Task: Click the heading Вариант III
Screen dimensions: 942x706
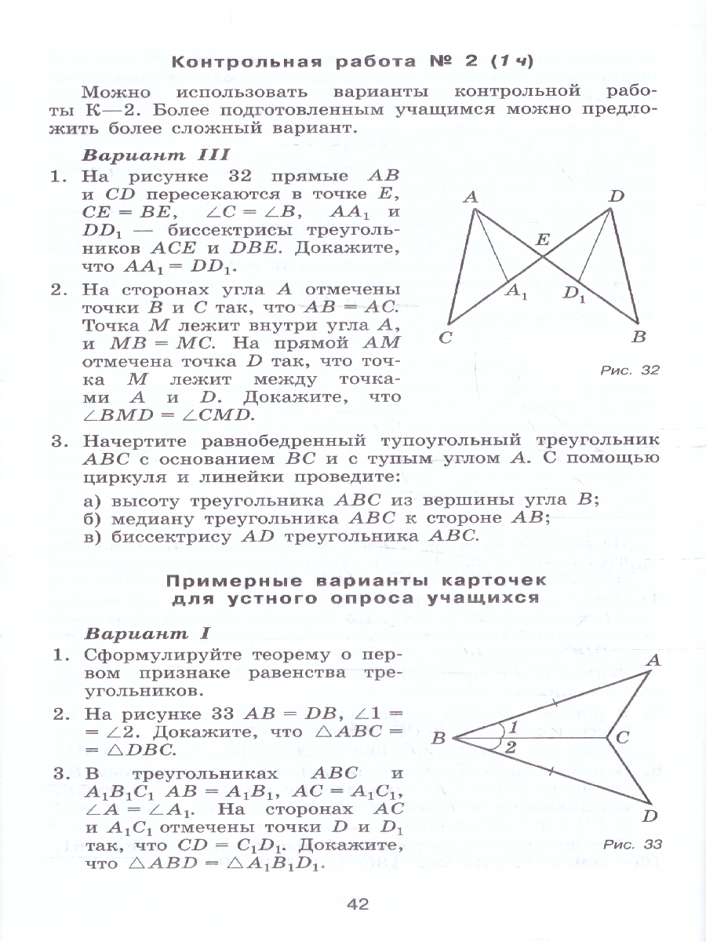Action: coord(156,155)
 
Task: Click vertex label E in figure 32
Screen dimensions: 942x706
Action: coord(542,242)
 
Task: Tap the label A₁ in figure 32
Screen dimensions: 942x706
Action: coord(515,292)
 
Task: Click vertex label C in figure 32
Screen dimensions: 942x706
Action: coord(446,338)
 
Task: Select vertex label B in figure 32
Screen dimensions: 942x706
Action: coord(639,338)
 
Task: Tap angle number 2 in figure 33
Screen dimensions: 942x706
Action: coord(511,747)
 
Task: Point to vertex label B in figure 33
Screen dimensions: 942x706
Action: coord(439,738)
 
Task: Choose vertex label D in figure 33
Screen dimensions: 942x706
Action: coord(650,817)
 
